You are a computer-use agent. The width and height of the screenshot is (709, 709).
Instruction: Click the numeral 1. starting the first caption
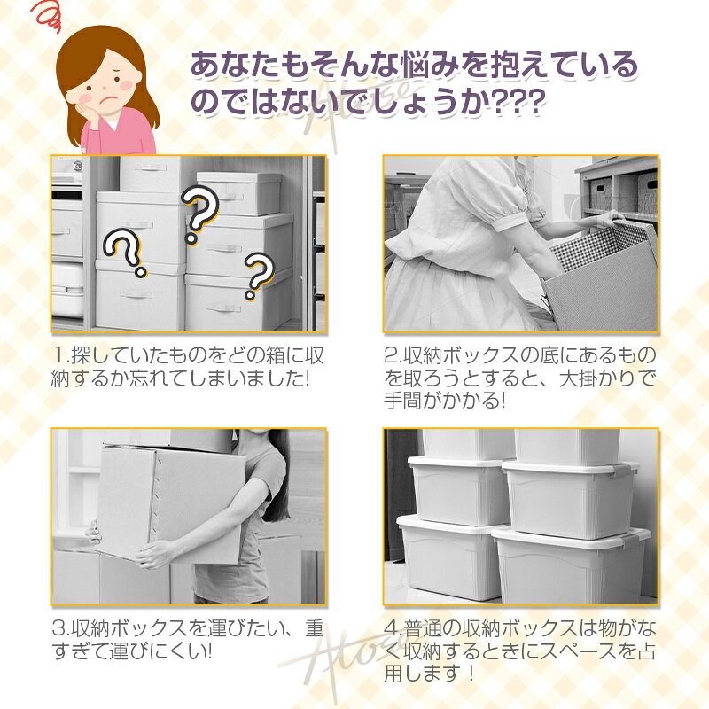(61, 356)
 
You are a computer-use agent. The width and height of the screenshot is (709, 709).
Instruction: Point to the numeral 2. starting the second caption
(393, 356)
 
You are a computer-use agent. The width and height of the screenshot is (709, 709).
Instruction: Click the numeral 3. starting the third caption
(61, 628)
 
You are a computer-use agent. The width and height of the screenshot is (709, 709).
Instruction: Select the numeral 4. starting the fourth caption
(393, 628)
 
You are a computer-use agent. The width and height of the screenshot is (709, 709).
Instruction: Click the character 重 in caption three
(314, 628)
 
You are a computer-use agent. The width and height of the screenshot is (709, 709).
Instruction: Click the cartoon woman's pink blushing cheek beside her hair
(128, 84)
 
